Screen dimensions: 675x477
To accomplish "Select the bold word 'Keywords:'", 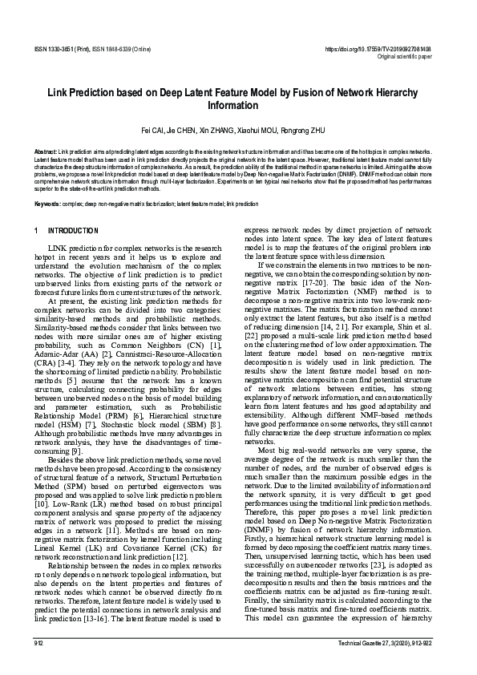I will click(x=48, y=204).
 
